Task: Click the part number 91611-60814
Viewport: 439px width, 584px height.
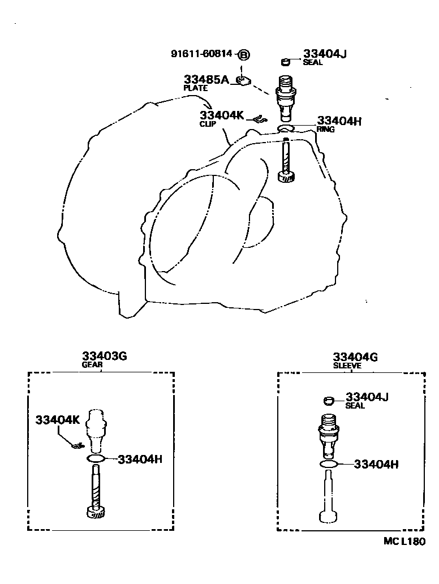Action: pos(201,54)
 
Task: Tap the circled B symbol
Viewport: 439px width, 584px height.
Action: pos(243,54)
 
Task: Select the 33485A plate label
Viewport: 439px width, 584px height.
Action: pos(206,79)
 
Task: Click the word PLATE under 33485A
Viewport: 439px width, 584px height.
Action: pos(195,88)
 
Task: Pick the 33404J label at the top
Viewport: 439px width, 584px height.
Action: pos(324,54)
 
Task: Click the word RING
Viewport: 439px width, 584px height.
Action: pos(326,129)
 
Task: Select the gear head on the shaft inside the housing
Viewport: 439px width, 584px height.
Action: pos(287,178)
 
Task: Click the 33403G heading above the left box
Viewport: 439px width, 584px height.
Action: pos(104,357)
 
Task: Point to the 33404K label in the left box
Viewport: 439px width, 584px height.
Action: pos(58,420)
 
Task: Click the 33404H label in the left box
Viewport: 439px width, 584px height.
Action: pos(140,458)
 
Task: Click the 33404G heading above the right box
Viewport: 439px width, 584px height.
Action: pos(355,357)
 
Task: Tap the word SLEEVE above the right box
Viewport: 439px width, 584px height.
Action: pos(347,366)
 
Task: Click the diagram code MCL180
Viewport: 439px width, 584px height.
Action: pos(403,541)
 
